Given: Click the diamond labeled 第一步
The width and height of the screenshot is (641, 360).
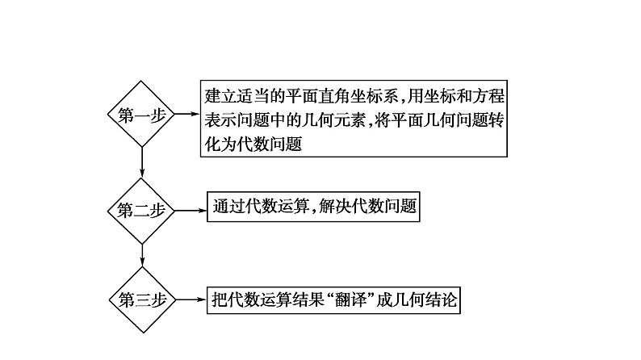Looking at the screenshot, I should click(142, 114).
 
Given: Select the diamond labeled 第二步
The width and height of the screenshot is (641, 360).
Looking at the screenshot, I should click(142, 210).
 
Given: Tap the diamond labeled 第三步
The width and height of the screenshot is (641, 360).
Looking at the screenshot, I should click(142, 299).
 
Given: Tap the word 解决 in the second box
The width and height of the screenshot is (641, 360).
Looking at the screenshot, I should click(343, 206).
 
